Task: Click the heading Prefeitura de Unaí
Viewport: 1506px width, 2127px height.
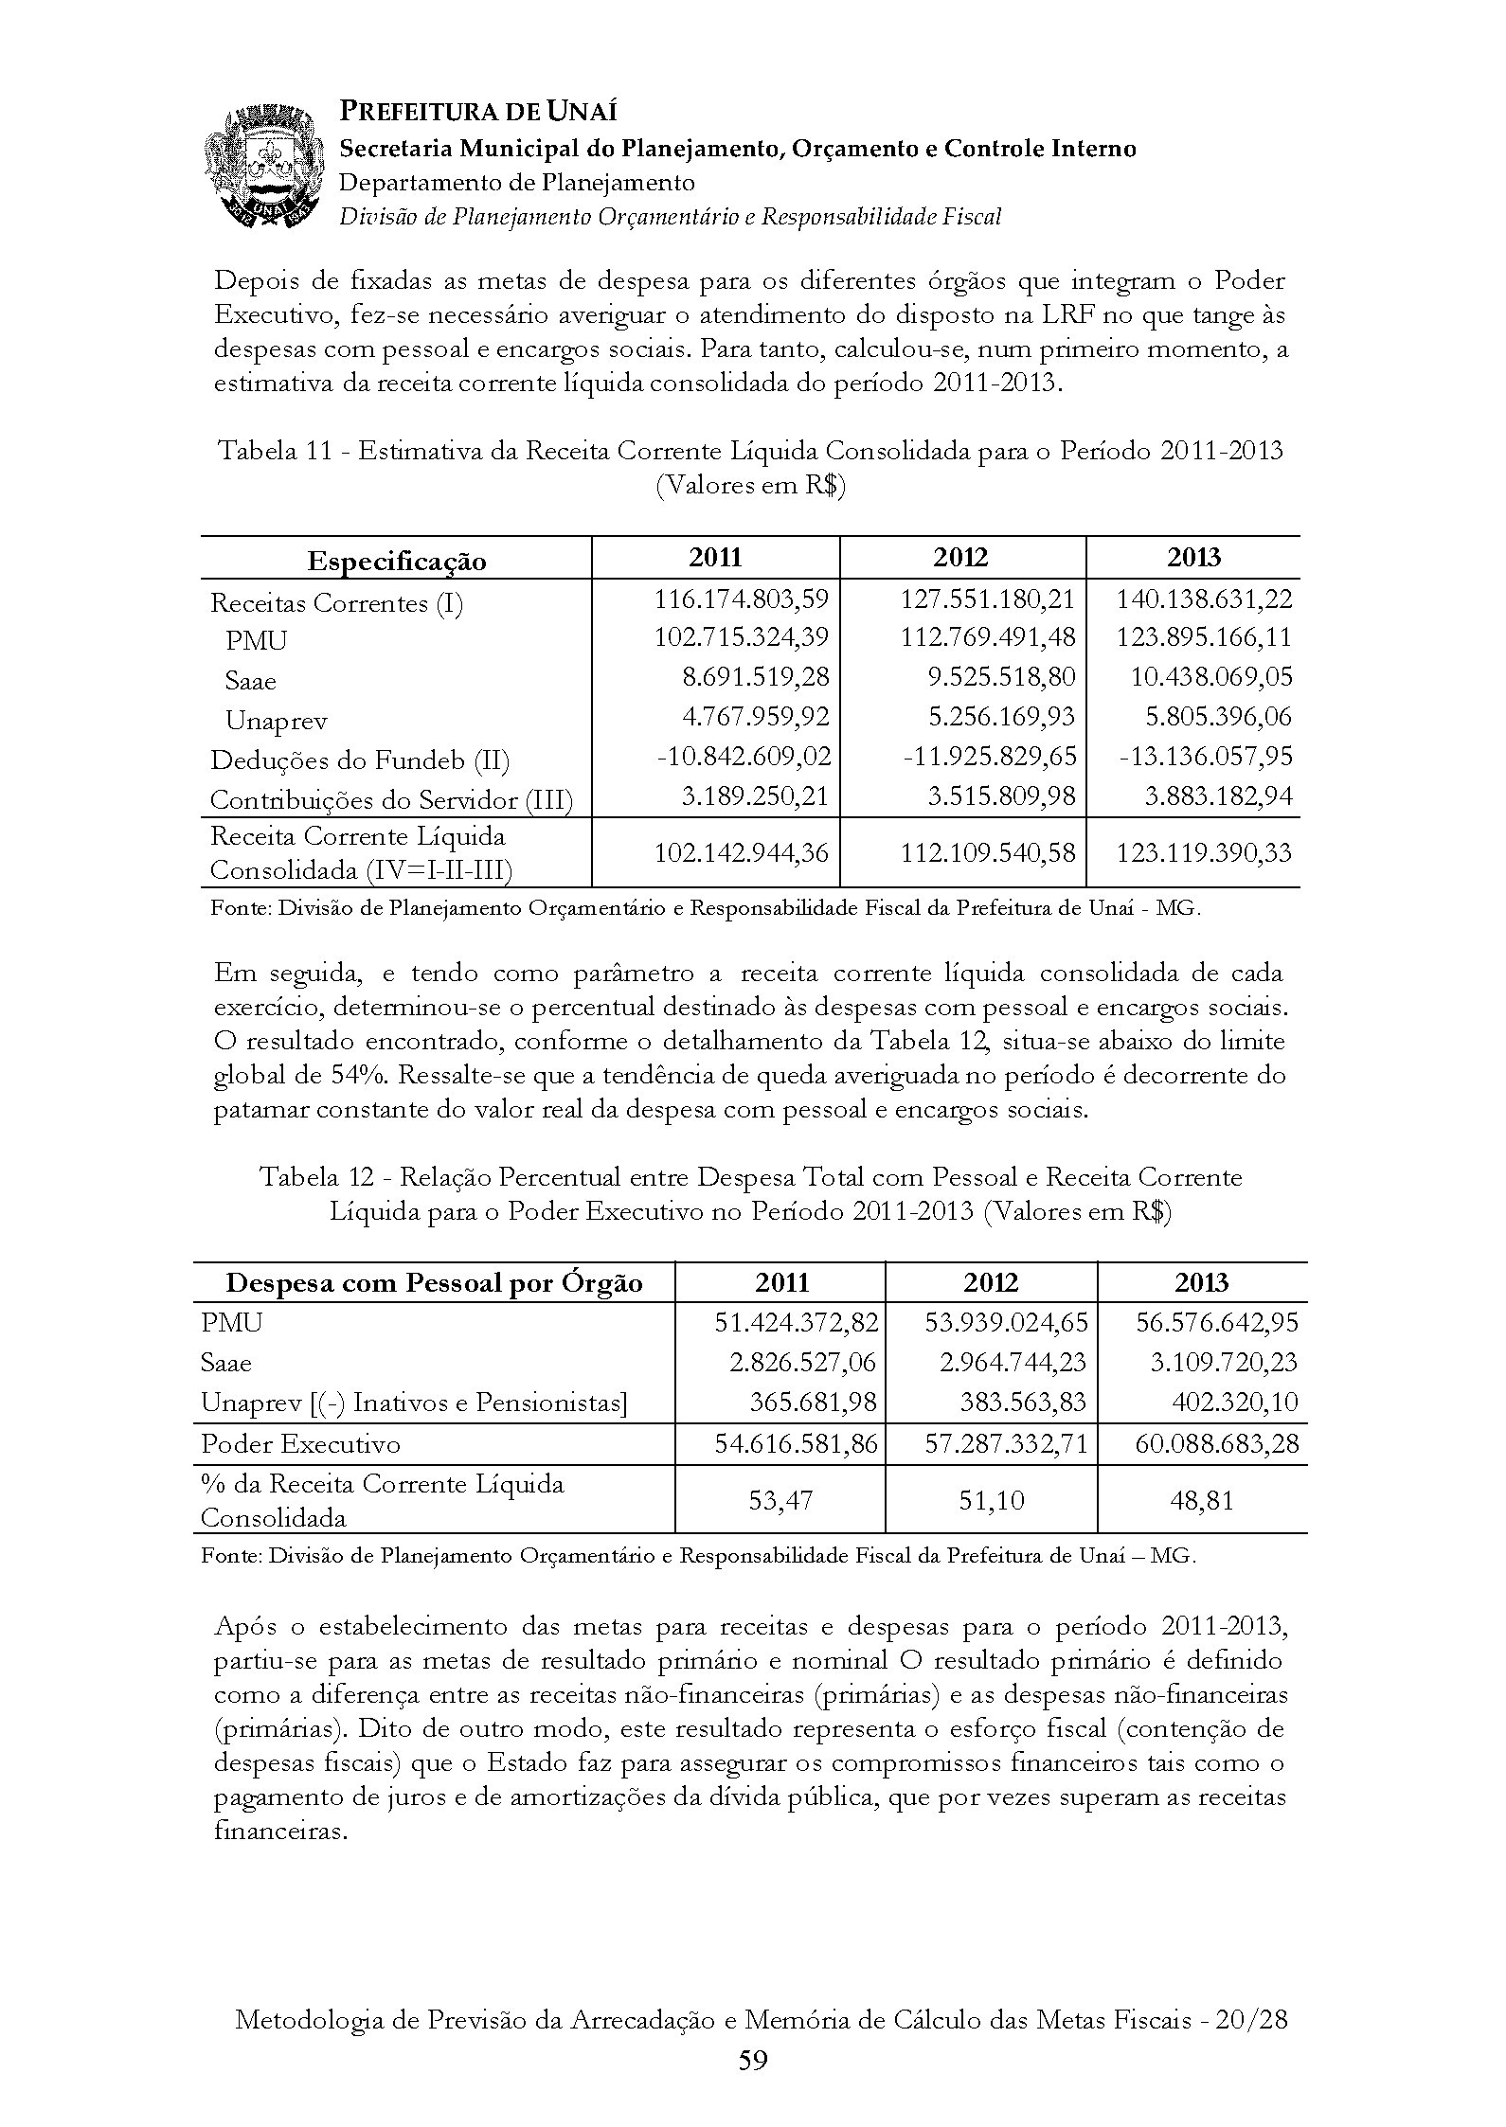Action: point(478,112)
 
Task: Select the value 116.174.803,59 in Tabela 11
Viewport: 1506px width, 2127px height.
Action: point(741,599)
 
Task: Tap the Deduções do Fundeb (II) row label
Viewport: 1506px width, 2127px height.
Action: point(360,760)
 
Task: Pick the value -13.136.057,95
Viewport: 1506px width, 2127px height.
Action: point(1205,757)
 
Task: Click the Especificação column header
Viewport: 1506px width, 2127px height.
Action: point(396,561)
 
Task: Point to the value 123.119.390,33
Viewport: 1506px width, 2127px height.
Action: point(1204,852)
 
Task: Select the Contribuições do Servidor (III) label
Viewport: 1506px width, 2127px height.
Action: point(391,800)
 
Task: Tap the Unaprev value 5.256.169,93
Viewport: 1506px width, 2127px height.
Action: point(1002,717)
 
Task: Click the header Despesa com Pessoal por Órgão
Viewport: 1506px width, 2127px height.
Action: point(434,1283)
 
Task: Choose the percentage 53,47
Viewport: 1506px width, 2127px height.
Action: point(780,1501)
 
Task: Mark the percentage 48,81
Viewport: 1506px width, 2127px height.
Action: point(1202,1501)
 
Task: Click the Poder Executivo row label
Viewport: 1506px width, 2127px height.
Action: point(300,1444)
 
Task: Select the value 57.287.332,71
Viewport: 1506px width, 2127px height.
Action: point(1006,1444)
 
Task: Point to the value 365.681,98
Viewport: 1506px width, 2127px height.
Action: point(812,1403)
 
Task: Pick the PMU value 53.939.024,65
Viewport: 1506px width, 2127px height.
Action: point(1006,1322)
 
